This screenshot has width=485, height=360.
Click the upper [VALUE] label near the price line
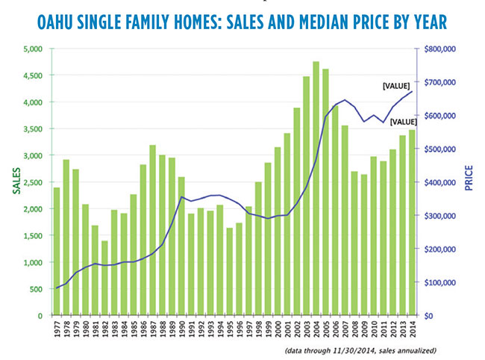tap(395, 87)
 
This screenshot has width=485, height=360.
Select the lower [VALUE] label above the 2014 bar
tap(403, 122)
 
